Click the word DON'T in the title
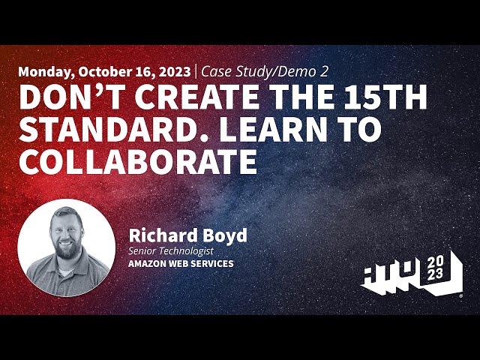click(61, 98)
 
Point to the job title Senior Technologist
click(170, 250)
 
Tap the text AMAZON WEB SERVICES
click(181, 264)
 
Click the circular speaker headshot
click(66, 247)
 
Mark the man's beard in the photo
click(65, 249)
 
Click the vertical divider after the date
click(196, 72)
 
